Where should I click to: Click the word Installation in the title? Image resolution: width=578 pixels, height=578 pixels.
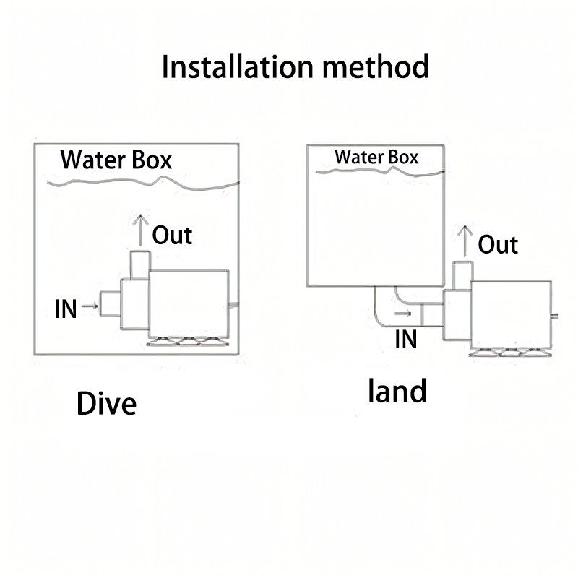236,67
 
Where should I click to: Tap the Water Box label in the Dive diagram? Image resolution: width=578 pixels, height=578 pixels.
116,160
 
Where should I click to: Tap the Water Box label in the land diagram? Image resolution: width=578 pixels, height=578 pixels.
376,157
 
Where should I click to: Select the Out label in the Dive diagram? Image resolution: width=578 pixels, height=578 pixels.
172,235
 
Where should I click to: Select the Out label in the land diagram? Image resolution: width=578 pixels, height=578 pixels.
498,244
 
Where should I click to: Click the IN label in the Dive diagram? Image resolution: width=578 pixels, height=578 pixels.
66,309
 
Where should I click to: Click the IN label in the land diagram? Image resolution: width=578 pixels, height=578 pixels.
406,338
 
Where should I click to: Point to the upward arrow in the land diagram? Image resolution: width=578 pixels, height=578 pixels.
466,241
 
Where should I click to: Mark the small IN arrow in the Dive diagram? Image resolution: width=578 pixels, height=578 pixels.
90,306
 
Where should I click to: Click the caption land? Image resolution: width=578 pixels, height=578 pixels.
397,391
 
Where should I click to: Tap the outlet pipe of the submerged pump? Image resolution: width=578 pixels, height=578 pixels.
139,264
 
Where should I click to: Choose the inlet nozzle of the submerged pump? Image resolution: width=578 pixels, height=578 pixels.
110,303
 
